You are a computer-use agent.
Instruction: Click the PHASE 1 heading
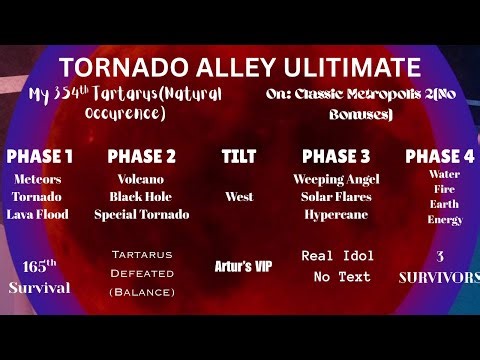(x=40, y=156)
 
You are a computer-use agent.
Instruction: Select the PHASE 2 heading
(x=141, y=156)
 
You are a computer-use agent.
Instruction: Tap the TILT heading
(x=240, y=156)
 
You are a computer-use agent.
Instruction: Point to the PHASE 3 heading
(x=336, y=156)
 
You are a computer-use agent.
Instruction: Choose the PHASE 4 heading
(x=441, y=156)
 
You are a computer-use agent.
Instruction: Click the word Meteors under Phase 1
(x=36, y=179)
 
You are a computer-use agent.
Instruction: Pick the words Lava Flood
(x=37, y=214)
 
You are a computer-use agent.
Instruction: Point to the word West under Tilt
(x=240, y=196)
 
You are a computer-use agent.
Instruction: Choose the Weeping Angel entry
(x=336, y=178)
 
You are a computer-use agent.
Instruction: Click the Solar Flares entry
(x=336, y=196)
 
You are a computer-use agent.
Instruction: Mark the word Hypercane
(x=336, y=214)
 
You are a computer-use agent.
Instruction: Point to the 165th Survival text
(x=37, y=277)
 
